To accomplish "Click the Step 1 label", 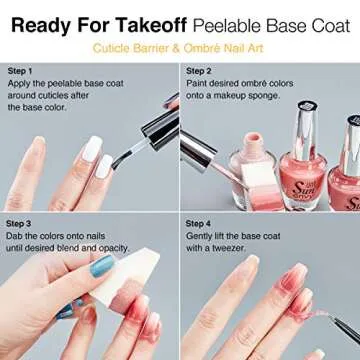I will click(20, 72).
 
